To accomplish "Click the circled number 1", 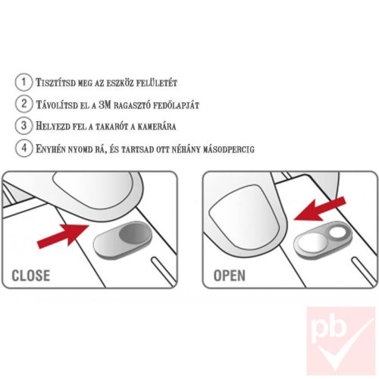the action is pos(23,82).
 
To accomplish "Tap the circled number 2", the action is pos(23,104).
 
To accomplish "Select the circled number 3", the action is pos(23,126).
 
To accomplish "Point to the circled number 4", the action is pos(23,148).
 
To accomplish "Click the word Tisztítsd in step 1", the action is pos(55,83).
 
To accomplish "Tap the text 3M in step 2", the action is pos(105,105).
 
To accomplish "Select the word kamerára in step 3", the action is pos(157,127).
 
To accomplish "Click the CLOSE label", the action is pos(31,275).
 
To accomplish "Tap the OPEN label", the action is pos(230,275).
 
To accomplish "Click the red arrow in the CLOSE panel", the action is pos(63,236).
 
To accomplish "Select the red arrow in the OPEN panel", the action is pos(320,208).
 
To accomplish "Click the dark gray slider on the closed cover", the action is pos(134,233).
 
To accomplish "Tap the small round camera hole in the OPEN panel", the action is pos(338,232).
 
